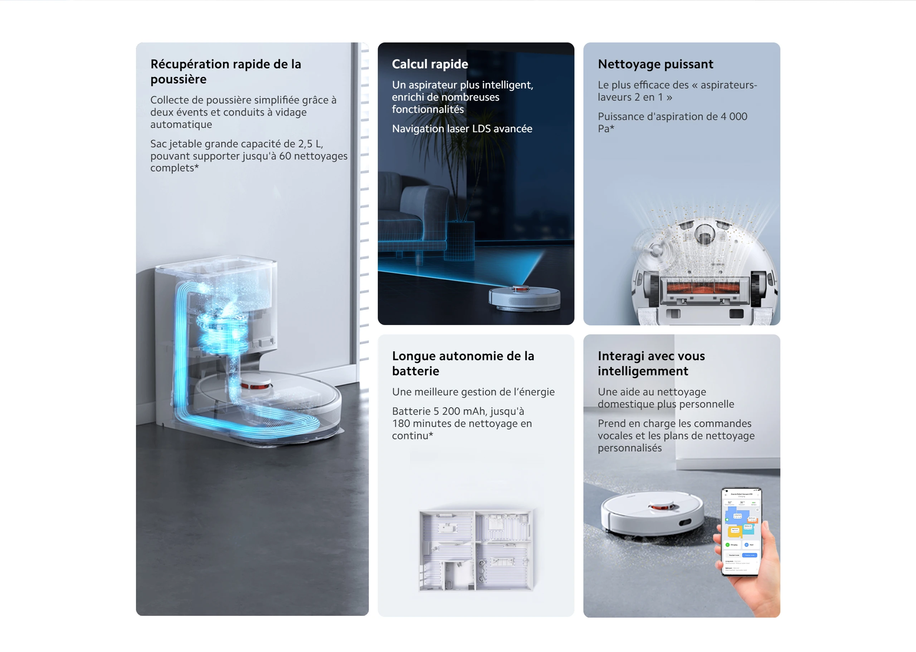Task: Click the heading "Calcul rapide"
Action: [430, 64]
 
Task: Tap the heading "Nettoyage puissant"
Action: [655, 64]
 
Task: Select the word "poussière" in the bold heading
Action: [178, 79]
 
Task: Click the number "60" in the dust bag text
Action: [285, 156]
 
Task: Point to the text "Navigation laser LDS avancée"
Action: [462, 129]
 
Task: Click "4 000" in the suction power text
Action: [734, 117]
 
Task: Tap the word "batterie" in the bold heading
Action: [415, 371]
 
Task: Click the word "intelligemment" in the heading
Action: [643, 371]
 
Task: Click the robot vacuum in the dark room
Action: [525, 298]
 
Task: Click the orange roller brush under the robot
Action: [703, 288]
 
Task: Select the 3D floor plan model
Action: [476, 550]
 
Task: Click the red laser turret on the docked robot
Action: [255, 385]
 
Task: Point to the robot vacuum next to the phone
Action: [652, 514]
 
